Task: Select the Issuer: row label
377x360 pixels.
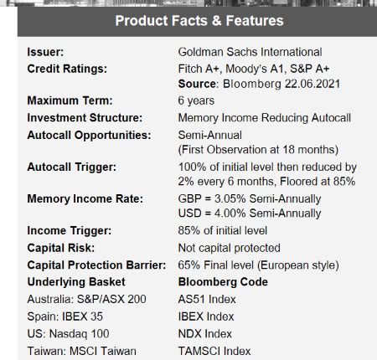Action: click(x=46, y=53)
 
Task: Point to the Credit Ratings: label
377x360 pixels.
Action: click(x=66, y=69)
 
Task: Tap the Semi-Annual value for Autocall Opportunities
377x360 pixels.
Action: click(x=209, y=134)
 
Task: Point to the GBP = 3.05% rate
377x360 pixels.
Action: click(x=250, y=198)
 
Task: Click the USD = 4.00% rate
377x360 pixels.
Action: click(x=250, y=213)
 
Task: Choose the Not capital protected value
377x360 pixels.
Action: click(x=229, y=248)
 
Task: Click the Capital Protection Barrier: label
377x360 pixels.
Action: click(x=94, y=265)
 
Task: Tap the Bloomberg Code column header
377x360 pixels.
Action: click(x=223, y=281)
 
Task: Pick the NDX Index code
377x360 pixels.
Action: click(x=205, y=334)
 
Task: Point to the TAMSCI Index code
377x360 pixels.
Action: click(x=214, y=351)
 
